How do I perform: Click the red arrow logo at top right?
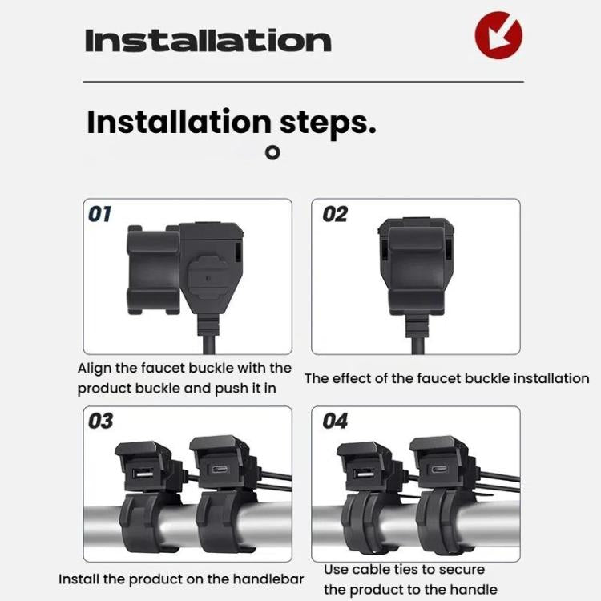click(x=498, y=35)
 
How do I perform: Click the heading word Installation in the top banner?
click(x=208, y=41)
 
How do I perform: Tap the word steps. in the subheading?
click(x=328, y=123)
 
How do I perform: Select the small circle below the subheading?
click(x=272, y=152)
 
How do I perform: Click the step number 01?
click(x=99, y=214)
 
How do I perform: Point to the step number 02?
click(x=335, y=214)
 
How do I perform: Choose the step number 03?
click(x=100, y=421)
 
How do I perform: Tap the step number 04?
click(x=335, y=421)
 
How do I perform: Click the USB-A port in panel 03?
click(x=143, y=474)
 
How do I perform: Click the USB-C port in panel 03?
click(x=219, y=469)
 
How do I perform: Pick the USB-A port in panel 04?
click(x=363, y=474)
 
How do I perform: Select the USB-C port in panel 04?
click(x=439, y=470)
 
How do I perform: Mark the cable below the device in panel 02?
click(x=417, y=345)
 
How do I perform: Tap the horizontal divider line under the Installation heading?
click(x=304, y=82)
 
